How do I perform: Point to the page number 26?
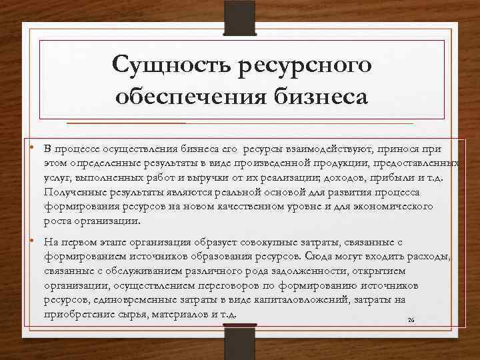click(411, 320)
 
